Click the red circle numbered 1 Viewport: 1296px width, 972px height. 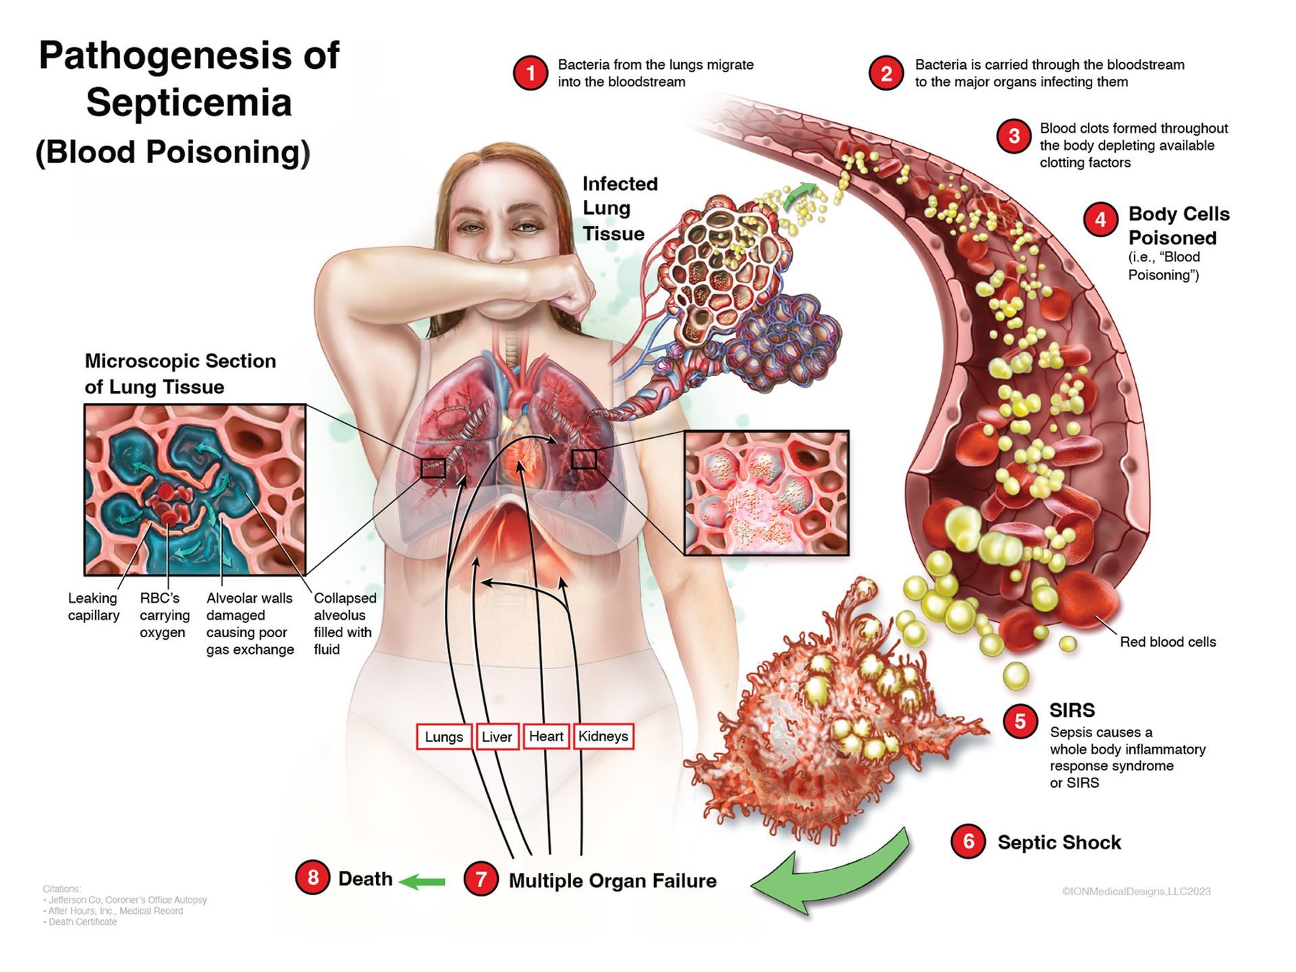[531, 73]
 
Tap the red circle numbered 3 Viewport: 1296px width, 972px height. [1014, 136]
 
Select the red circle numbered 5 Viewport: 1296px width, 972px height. [1020, 722]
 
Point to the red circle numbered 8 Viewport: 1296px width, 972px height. [313, 878]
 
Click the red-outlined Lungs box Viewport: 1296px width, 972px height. [444, 737]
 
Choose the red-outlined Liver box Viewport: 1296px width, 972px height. [497, 737]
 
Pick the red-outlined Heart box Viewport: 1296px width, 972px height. [546, 736]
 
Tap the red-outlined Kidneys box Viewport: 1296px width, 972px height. [603, 736]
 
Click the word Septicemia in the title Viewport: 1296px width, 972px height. [189, 103]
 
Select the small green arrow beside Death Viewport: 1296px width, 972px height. [422, 881]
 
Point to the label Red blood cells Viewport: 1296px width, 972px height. [1168, 642]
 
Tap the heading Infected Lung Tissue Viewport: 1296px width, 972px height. [619, 209]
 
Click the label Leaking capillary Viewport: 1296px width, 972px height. [94, 607]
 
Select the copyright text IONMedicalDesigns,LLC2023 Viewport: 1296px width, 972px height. [1136, 892]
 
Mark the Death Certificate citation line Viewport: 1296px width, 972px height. [82, 922]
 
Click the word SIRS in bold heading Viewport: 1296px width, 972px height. [1072, 710]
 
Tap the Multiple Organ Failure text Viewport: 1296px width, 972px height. [612, 881]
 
